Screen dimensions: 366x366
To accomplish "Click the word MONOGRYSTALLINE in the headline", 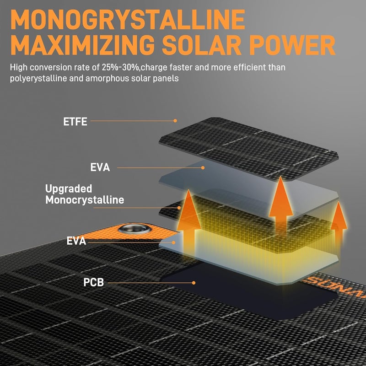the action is pos(128,20).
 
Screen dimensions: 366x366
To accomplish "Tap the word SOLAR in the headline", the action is pos(202,45).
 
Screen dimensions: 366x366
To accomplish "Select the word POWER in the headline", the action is pos(292,45).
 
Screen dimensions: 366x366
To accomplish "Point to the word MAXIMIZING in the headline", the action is pos(82,45).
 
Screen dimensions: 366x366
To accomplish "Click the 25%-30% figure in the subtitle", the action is pos(120,67).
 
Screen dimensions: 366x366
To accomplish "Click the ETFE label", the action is pos(75,122).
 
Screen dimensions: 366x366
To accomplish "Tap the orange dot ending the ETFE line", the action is pos(175,121).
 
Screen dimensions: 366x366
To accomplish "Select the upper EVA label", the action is pos(100,167).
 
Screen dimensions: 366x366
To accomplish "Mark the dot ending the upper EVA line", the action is pos(203,167).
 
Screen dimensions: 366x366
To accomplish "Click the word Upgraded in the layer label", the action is pos(69,189).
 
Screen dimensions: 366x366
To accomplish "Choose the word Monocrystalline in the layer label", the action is pos(85,200).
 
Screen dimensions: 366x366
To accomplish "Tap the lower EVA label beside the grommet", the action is pos(76,241).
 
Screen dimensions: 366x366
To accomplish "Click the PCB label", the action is pos(94,282).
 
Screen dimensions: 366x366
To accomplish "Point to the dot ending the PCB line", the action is pos(194,283).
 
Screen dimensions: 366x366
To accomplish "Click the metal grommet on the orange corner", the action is pos(135,229).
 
